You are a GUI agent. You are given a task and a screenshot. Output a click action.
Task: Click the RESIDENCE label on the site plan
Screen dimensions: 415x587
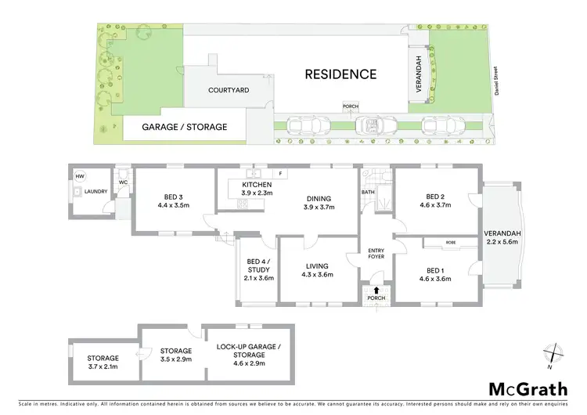340,75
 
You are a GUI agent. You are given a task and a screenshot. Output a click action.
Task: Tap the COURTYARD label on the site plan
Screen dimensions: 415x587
229,91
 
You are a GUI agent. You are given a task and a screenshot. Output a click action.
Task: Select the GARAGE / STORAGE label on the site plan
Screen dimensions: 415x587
184,126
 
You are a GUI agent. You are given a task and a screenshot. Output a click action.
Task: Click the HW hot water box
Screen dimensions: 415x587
80,177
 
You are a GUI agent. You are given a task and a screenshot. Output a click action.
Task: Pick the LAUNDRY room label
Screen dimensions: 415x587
95,190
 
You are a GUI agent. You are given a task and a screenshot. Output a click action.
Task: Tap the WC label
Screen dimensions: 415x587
123,183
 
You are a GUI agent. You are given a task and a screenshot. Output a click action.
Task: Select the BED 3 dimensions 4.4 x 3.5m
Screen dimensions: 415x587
174,206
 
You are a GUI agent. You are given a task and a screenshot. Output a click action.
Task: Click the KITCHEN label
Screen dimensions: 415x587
257,184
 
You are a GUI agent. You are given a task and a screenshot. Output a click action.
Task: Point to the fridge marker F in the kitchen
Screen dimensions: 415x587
279,173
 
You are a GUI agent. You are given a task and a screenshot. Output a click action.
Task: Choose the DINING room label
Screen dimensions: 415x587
319,198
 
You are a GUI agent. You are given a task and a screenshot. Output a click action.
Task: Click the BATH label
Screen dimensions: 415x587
368,192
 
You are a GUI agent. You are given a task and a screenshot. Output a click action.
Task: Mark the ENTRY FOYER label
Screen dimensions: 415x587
377,254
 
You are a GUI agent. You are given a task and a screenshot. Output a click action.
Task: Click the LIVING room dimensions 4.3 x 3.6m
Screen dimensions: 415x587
319,275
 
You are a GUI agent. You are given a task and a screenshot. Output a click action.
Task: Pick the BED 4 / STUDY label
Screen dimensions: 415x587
257,266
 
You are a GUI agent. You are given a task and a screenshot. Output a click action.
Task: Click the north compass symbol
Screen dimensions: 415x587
553,353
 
